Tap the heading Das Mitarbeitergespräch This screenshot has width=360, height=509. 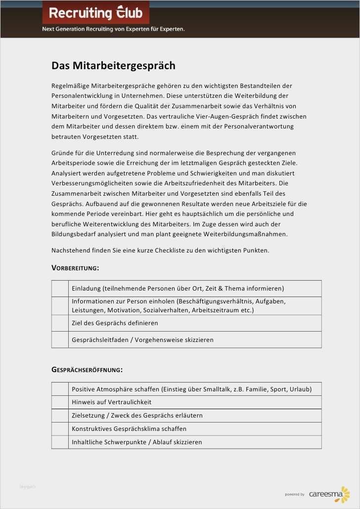[x=113, y=66]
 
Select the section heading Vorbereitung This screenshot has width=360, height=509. [x=75, y=268]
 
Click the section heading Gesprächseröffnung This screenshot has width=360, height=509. [x=87, y=370]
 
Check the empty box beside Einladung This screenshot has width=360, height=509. [x=60, y=288]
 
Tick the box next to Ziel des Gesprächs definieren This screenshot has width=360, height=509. [x=60, y=323]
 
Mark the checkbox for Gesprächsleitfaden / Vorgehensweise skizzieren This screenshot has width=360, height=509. [x=60, y=340]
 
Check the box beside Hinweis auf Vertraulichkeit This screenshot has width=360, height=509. [x=60, y=402]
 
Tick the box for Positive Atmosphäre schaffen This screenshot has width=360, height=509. [x=60, y=389]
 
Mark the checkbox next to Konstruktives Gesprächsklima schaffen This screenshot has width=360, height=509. [x=60, y=429]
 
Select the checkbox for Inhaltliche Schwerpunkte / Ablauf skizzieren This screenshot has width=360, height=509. [x=60, y=442]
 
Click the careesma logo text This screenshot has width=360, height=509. [x=324, y=494]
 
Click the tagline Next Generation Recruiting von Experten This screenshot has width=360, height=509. [x=113, y=29]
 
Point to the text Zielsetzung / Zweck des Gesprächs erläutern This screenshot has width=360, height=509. [x=137, y=416]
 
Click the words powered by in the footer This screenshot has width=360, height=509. [x=295, y=495]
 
